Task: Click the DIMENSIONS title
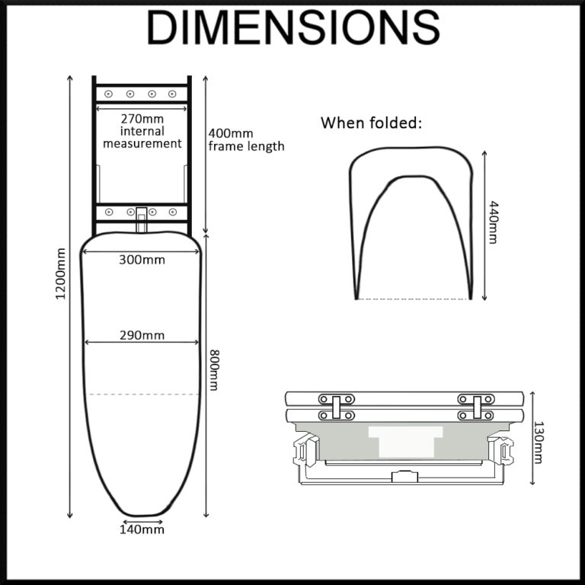pos(293,27)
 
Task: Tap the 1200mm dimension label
pos(60,273)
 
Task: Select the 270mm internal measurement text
pos(142,131)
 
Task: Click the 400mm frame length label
pos(246,139)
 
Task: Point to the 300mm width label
pos(142,260)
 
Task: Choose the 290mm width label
pos(142,335)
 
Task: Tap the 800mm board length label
pos(214,370)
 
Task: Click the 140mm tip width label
pos(142,529)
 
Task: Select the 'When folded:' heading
pos(371,123)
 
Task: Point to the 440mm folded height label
pos(494,222)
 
